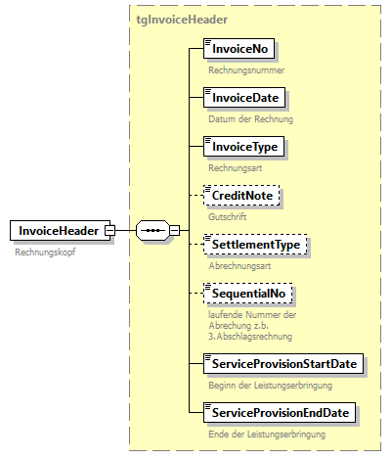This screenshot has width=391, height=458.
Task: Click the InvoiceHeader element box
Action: point(57,230)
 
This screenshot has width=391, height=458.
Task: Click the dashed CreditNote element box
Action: point(241,196)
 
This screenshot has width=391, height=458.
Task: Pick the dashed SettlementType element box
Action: point(254,244)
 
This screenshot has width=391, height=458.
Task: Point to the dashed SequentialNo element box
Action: point(248,292)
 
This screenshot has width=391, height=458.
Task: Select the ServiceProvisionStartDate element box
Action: point(283,363)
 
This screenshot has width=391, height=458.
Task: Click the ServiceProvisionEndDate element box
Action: point(279,411)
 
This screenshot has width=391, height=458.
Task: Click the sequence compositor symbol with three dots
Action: point(151,231)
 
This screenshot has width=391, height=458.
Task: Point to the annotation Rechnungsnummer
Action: point(246,70)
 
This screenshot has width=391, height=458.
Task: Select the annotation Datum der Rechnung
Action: point(250,119)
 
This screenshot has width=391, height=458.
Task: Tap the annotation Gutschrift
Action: point(228,216)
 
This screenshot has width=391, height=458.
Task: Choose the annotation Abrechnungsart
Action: point(240,264)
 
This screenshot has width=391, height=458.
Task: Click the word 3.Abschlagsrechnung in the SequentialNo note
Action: point(250,336)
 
